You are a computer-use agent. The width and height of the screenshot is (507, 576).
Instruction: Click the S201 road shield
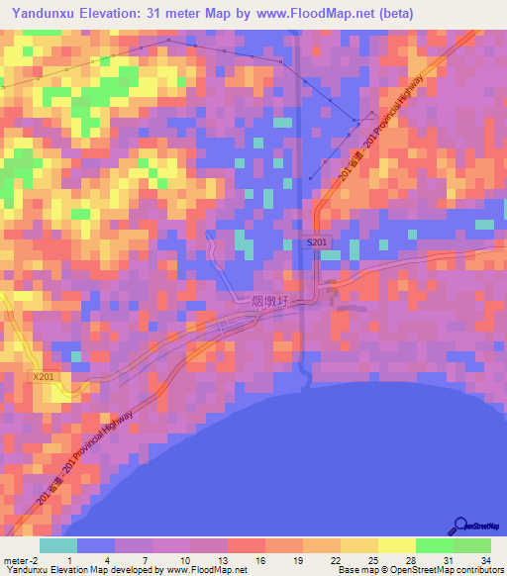[x=317, y=242]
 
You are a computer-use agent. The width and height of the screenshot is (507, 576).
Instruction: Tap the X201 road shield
[x=44, y=376]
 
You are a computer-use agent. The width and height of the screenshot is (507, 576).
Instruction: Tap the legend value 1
[x=69, y=560]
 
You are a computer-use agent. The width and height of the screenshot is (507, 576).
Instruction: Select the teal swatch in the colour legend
[x=58, y=545]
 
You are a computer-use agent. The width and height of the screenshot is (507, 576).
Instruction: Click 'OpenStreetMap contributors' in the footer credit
[x=451, y=570]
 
